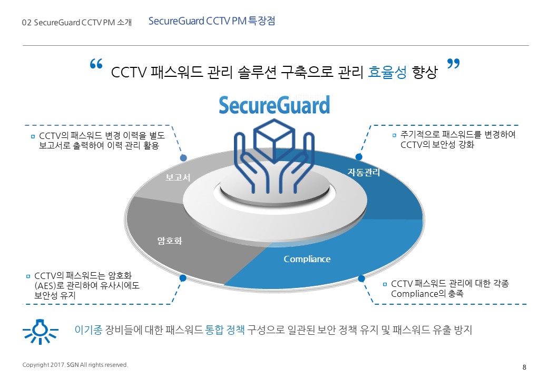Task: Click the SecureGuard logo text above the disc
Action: point(275,105)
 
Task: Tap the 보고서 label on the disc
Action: point(178,177)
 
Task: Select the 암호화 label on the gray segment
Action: point(170,241)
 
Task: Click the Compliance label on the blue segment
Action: point(307,259)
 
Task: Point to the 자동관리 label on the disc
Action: point(364,172)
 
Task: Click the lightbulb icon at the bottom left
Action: point(40,331)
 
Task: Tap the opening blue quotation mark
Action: point(96,64)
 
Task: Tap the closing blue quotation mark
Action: point(453,64)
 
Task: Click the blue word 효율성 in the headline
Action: point(387,72)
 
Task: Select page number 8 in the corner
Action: point(524,367)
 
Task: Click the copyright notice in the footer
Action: point(75,365)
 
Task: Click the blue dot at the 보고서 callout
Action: point(183,158)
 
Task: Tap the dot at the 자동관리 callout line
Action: point(359,157)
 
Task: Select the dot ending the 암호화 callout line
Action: point(182,278)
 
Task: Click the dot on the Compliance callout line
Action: point(361,278)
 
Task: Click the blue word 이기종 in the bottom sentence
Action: point(89,330)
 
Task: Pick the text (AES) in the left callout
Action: point(45,286)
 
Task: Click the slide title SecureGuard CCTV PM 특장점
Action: point(212,21)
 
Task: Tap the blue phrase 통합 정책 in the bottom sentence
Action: point(225,330)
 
